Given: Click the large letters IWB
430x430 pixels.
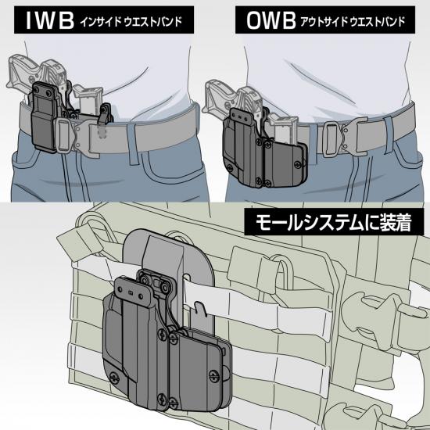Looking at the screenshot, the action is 50,20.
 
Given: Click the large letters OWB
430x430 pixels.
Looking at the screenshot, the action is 271,20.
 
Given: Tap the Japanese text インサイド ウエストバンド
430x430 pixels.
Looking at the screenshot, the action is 131,21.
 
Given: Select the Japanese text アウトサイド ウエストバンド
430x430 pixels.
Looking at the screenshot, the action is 353,22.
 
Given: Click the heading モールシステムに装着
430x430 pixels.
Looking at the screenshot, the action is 334,222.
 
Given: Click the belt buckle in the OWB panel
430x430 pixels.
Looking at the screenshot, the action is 346,137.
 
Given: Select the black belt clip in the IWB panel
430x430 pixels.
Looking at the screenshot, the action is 44,116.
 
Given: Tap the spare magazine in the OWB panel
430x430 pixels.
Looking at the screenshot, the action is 282,128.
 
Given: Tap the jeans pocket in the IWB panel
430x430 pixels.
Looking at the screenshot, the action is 173,167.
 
